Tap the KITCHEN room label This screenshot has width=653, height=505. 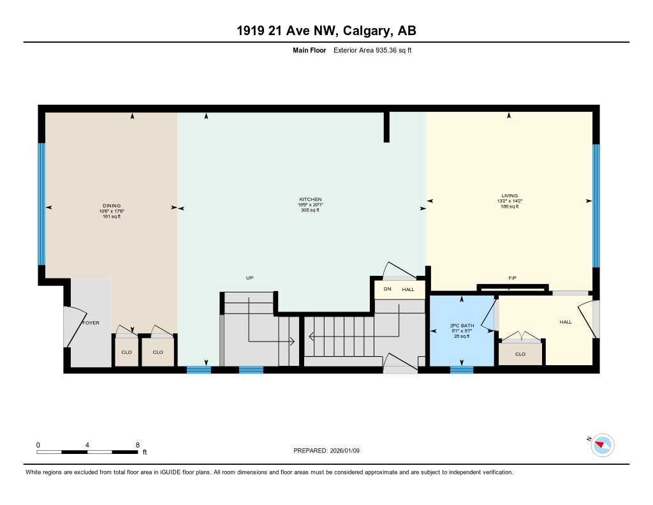310,199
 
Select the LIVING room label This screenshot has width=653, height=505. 510,195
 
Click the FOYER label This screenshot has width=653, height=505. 91,323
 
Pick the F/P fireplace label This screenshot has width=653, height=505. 512,278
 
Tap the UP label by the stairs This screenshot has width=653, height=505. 250,278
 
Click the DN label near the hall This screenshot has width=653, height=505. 387,289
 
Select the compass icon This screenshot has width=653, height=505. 603,444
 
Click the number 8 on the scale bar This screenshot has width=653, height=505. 137,444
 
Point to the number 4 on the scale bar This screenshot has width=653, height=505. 87,444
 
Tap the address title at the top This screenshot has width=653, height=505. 326,31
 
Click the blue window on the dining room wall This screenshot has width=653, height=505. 41,203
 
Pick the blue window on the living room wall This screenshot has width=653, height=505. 596,206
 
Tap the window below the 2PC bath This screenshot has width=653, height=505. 462,369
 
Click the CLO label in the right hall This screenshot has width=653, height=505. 520,354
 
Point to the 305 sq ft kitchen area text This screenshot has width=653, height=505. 310,210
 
